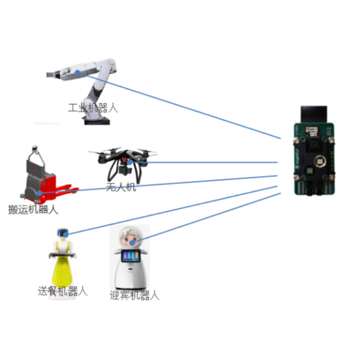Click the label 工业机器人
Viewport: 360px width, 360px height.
pyautogui.click(x=93, y=108)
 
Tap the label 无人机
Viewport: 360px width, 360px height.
pyautogui.click(x=121, y=187)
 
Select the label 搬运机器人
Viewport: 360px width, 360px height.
pyautogui.click(x=33, y=209)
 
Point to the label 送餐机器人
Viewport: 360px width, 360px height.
pyautogui.click(x=62, y=291)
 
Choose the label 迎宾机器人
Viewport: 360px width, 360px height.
pyautogui.click(x=134, y=295)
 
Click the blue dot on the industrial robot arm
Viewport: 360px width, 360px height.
pyautogui.click(x=78, y=73)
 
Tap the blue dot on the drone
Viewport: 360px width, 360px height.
pyautogui.click(x=129, y=162)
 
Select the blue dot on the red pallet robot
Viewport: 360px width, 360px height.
pyautogui.click(x=39, y=193)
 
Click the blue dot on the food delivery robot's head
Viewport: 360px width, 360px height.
pyautogui.click(x=65, y=234)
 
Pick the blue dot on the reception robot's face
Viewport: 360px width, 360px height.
pyautogui.click(x=132, y=242)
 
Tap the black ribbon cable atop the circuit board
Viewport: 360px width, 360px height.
pyautogui.click(x=314, y=114)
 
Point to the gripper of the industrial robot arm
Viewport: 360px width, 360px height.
pyautogui.click(x=51, y=74)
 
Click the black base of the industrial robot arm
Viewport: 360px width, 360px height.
pyautogui.click(x=97, y=121)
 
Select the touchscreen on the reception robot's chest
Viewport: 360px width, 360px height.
pyautogui.click(x=130, y=256)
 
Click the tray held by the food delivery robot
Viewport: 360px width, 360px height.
pyautogui.click(x=62, y=254)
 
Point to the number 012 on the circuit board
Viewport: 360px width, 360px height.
pyautogui.click(x=329, y=131)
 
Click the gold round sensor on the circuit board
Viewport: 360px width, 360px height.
pyautogui.click(x=320, y=160)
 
